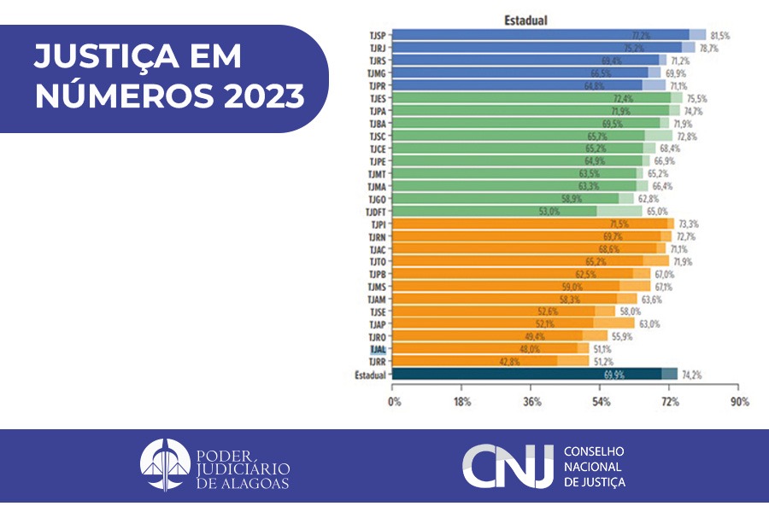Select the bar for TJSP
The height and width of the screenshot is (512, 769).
530,35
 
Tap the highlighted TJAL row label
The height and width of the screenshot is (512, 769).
377,348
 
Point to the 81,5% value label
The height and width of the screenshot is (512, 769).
719,36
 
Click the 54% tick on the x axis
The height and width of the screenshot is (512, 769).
601,401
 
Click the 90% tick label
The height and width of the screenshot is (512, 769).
739,401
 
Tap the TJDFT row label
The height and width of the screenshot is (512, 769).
375,212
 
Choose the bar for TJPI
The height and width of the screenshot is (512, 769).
530,224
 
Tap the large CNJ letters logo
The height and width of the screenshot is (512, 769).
507,466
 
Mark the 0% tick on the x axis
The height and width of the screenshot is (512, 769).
395,401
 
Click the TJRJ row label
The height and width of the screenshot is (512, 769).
376,49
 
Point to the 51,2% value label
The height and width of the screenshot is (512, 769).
606,362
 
